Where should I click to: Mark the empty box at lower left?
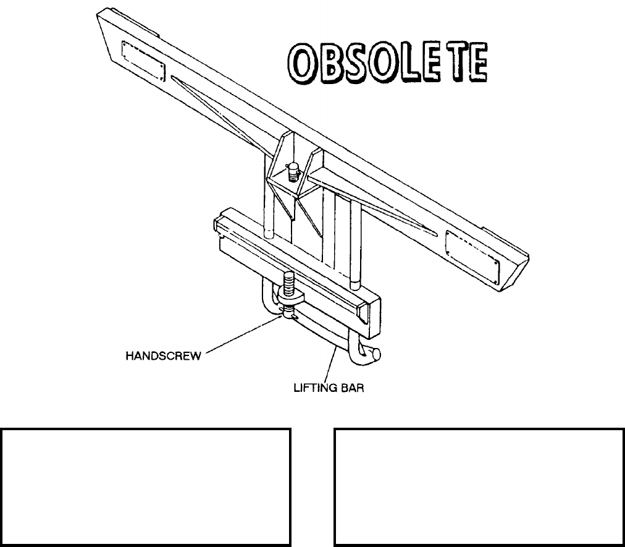pos(146,486)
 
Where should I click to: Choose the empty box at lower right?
pos(478,486)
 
